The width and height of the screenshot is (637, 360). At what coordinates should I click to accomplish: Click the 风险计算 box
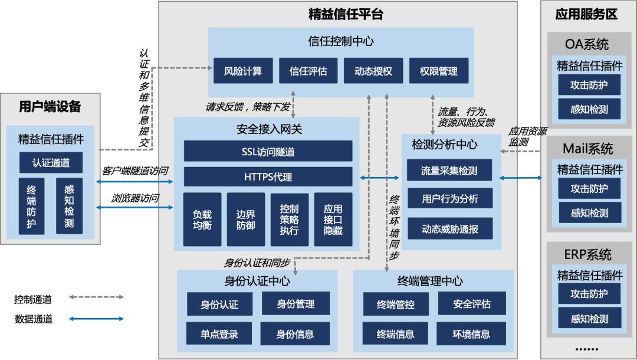(243, 71)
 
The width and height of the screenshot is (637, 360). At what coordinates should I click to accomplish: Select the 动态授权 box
(373, 71)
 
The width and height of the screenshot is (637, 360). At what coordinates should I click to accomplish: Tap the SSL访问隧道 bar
(268, 151)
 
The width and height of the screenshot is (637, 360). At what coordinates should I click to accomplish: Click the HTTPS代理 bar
(268, 176)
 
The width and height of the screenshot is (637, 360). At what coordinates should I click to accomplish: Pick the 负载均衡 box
(202, 220)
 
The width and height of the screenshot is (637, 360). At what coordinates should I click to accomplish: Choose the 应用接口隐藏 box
(333, 220)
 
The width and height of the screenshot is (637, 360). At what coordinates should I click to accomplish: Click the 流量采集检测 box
(449, 170)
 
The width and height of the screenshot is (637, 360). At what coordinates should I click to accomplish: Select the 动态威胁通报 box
(449, 229)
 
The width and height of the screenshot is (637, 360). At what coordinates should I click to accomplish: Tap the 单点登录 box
(219, 333)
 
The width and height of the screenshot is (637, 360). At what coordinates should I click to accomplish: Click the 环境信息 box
(471, 333)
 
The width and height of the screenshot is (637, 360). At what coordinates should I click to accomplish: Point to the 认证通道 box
(51, 162)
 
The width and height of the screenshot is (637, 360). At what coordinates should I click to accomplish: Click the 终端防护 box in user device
(31, 206)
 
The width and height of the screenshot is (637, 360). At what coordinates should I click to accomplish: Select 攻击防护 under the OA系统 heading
(589, 84)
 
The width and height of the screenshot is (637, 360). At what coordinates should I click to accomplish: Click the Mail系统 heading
(588, 148)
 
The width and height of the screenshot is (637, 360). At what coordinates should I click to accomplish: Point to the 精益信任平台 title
(346, 14)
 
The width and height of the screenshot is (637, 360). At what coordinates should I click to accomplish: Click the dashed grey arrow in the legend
(96, 297)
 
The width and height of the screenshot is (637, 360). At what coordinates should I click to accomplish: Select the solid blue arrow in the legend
(96, 319)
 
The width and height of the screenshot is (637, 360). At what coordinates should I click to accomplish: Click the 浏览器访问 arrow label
(135, 198)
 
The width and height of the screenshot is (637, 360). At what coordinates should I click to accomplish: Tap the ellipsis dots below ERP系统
(587, 349)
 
